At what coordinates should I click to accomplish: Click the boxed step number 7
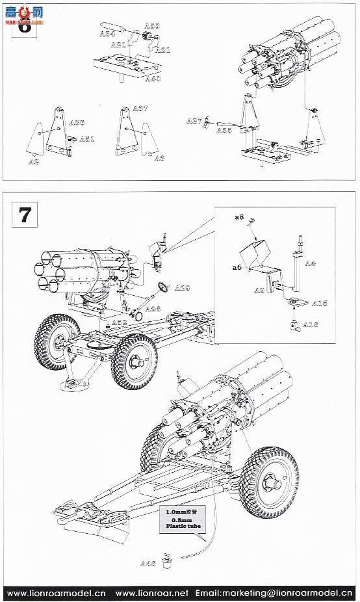25,215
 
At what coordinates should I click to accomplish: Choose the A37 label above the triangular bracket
140,109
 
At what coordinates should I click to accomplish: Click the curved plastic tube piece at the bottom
195,553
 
